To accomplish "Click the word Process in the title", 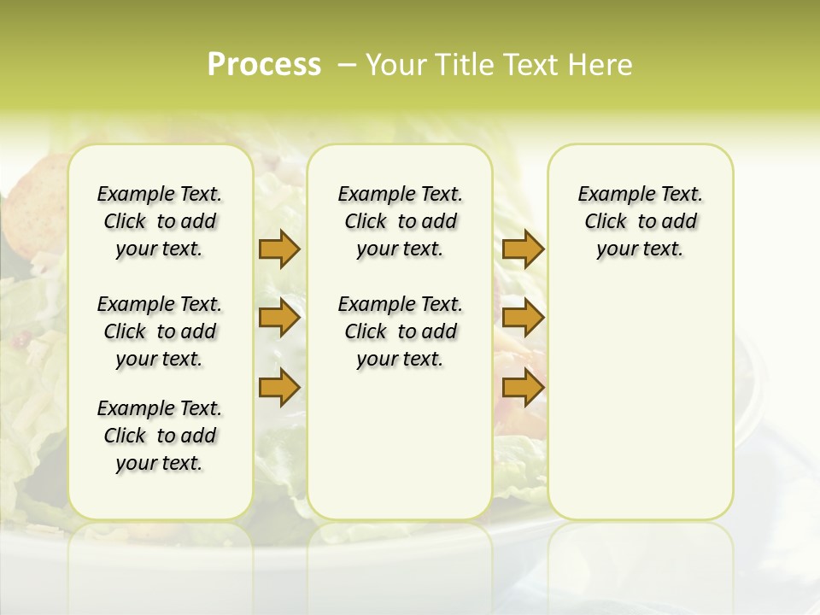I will coord(263,65).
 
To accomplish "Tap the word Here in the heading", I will coord(602,65).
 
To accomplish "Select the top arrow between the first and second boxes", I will coord(279,249).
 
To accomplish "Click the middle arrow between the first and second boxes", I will coord(279,319).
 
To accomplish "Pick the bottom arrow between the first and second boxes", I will coord(279,387).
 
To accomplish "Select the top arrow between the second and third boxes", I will coord(523,249).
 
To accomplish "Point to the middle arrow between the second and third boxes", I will coord(523,319).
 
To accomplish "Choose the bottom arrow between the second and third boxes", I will coord(523,387).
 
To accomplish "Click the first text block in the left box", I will coord(160,221).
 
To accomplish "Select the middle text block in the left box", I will coord(160,331).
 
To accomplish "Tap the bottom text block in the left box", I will coord(160,436).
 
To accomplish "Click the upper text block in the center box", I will coord(401,221).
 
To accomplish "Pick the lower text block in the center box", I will coord(401,331).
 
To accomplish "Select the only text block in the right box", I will coord(641,221).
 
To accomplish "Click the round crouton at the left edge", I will coord(34,184).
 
